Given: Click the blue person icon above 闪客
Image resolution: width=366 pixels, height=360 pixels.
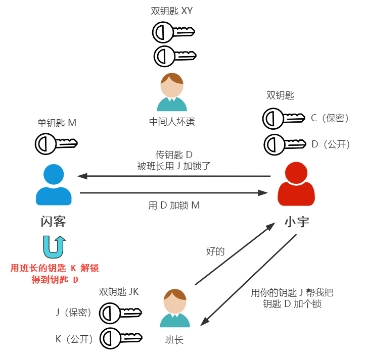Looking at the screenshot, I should point(54,184).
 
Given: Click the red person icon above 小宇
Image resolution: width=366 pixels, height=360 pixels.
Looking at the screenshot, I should point(297,184).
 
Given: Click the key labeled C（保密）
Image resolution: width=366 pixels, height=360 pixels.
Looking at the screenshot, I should point(283,119).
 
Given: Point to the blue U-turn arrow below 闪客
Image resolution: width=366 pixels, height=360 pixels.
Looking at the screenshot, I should point(54,246).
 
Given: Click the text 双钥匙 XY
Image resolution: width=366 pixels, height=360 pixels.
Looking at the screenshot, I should point(172,11).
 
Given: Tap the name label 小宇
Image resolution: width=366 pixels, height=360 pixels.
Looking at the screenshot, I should point(297,222).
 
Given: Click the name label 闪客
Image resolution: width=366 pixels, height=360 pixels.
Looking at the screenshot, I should point(54,222).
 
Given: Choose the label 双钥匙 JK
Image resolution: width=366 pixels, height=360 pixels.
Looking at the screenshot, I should point(118,292).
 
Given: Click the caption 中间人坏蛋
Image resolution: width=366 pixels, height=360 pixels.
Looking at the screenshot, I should point(172,121).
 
